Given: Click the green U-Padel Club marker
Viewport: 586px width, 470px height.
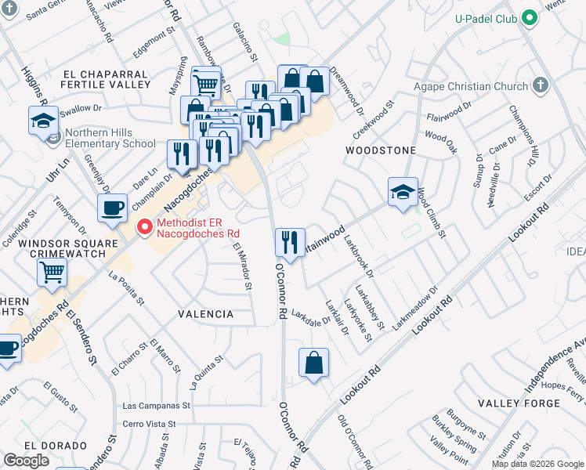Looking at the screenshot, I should (x=530, y=18).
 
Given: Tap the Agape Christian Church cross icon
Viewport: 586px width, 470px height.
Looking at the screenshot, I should (x=540, y=85).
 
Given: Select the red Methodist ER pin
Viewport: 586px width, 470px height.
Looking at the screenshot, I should (x=144, y=228).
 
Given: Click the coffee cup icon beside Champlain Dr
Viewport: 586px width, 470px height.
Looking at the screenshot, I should (x=112, y=208).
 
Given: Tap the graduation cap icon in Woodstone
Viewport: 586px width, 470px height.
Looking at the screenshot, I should (x=403, y=192).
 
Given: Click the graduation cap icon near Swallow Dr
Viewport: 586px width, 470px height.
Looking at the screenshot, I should (x=43, y=121).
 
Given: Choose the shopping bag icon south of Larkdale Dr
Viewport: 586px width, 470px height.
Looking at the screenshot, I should (x=313, y=363).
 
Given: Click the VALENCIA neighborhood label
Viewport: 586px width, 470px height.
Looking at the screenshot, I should (x=206, y=314).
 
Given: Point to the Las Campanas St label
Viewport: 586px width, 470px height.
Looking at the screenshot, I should (x=157, y=407).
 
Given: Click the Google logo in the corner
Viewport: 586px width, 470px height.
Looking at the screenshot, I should (x=26, y=460).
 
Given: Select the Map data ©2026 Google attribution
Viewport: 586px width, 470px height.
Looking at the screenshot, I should (x=537, y=464).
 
